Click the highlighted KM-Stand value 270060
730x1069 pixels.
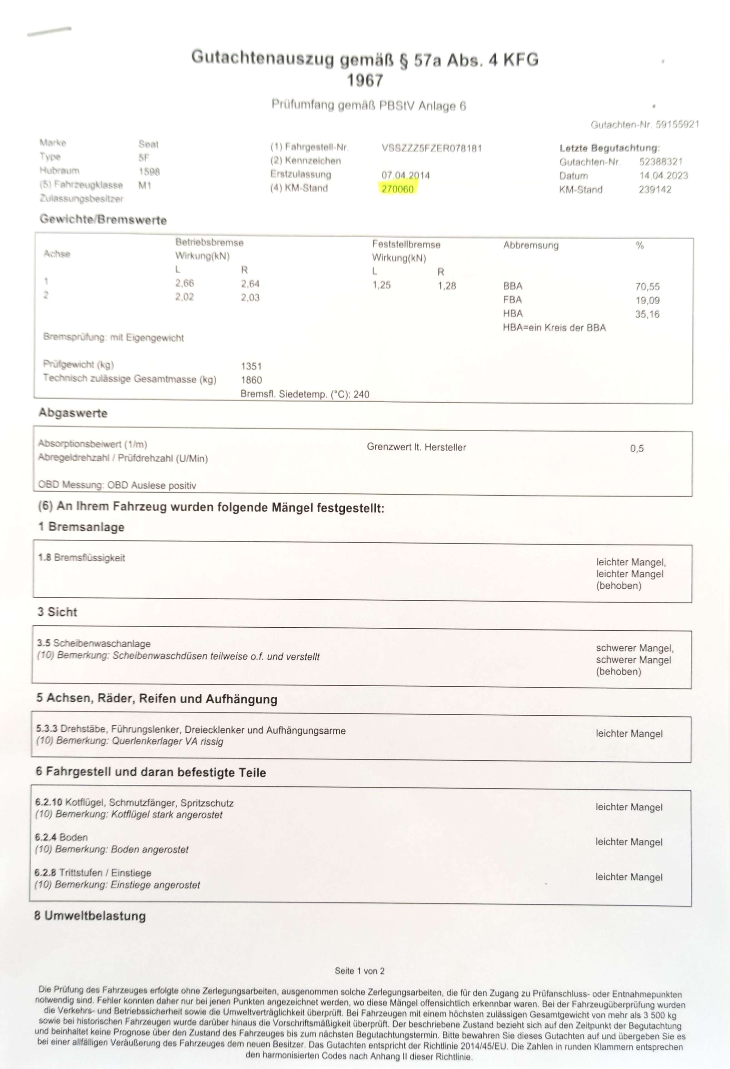(x=398, y=189)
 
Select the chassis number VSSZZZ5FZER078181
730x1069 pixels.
(x=431, y=149)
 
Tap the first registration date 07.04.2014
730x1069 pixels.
(x=405, y=175)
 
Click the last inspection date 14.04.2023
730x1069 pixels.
(x=663, y=176)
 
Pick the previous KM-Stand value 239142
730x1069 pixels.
(x=655, y=190)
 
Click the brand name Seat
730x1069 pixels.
(x=148, y=144)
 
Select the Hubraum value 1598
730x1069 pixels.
(x=149, y=172)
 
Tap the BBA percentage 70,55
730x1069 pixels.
(x=647, y=287)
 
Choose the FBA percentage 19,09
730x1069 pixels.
(x=647, y=300)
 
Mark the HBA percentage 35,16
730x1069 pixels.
(x=647, y=314)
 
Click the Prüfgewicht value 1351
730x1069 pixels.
(x=251, y=366)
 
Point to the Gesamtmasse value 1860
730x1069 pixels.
(x=251, y=380)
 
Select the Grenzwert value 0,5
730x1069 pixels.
(x=636, y=448)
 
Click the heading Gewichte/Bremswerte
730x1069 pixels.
(x=103, y=220)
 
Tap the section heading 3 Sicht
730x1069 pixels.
(x=57, y=612)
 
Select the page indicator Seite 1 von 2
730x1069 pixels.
(x=359, y=971)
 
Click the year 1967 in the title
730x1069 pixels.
(x=365, y=81)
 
